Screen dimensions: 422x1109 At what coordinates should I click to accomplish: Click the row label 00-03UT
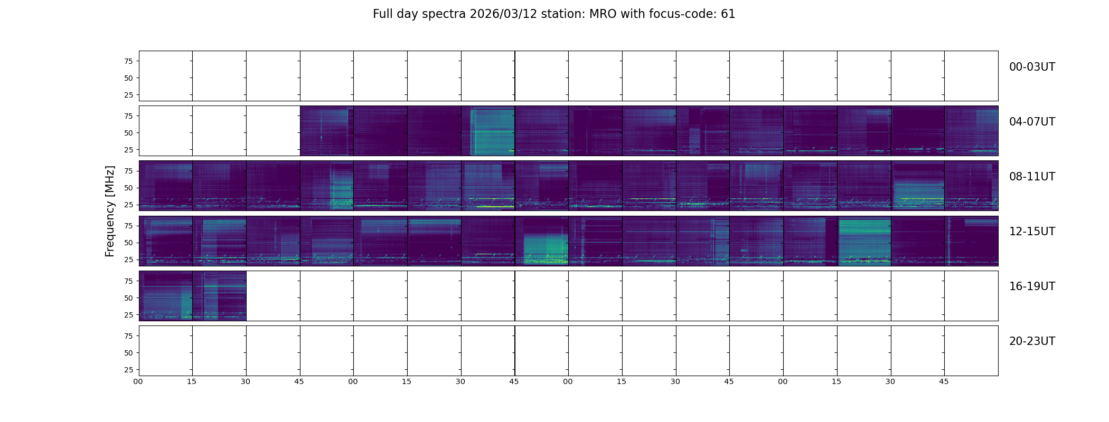click(x=1031, y=67)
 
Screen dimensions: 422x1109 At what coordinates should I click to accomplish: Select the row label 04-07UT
click(x=1031, y=122)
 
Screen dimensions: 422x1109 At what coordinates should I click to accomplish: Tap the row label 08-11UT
click(x=1031, y=177)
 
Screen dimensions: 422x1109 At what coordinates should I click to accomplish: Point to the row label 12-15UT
click(x=1031, y=232)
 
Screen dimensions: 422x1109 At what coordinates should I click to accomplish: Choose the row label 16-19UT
click(x=1031, y=286)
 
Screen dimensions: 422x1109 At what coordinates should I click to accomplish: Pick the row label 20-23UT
click(x=1031, y=341)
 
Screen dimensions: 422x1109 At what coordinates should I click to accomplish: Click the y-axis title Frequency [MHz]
click(x=110, y=211)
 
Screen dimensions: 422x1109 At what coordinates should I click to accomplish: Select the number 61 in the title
click(x=728, y=14)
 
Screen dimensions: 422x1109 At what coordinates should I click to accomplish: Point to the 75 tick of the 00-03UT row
click(x=128, y=61)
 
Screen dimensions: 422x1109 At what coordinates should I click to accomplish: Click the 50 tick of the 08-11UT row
click(x=128, y=188)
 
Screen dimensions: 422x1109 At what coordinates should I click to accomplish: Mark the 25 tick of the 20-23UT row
click(x=128, y=370)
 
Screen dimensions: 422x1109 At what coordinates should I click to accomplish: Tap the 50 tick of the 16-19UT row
click(x=128, y=298)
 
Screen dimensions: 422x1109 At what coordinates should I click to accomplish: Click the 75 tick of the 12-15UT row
click(x=128, y=226)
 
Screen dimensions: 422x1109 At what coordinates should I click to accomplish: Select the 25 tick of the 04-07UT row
click(x=128, y=150)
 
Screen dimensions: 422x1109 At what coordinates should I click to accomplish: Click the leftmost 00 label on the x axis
click(x=138, y=381)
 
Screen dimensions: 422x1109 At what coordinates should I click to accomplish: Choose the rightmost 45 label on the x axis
click(x=944, y=381)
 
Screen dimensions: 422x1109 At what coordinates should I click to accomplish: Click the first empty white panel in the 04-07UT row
click(x=165, y=131)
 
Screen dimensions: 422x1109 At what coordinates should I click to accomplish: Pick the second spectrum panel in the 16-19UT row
click(x=219, y=295)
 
